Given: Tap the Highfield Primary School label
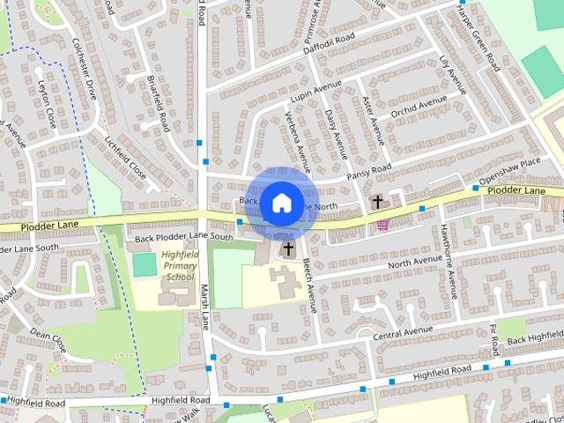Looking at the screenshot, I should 178,265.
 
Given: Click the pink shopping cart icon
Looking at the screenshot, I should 382,225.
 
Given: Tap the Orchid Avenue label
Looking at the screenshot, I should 420,107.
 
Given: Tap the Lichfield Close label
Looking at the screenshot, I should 124,151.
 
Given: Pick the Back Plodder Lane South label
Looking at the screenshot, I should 184,237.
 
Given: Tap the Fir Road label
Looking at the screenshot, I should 493,335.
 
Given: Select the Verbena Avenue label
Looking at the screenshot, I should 298,141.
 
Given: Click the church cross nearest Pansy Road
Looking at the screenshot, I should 378,202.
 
